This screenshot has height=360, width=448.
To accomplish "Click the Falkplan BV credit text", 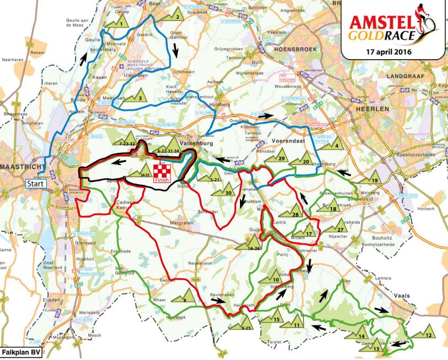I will [x=20, y=352].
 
